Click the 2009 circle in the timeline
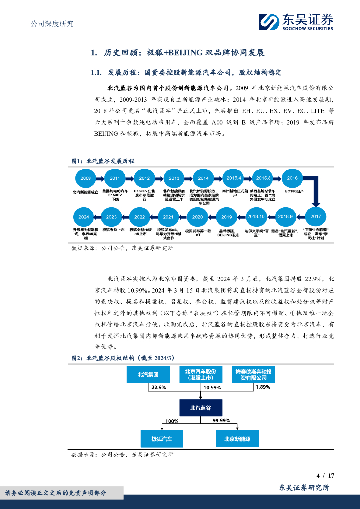[86, 178]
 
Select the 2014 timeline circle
[203, 178]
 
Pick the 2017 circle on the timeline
[315, 217]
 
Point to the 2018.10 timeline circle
[256, 217]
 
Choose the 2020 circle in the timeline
[197, 217]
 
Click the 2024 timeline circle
[84, 217]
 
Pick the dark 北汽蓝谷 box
[200, 408]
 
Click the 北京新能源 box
[237, 439]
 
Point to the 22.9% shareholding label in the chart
[158, 387]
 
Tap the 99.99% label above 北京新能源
[221, 421]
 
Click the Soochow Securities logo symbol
[270, 23]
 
